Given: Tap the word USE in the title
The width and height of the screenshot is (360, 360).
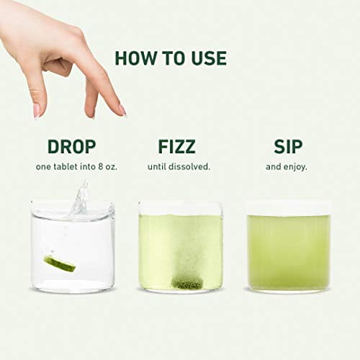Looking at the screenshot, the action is (209, 58).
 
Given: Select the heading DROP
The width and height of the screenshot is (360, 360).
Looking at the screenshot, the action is (72, 146).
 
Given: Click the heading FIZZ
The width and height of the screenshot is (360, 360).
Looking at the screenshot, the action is (176, 146).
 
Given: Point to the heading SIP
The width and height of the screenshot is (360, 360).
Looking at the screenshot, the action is (288, 146).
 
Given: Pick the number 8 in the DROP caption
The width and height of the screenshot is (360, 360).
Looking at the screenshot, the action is (100, 166).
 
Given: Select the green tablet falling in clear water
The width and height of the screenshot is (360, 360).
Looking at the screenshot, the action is (60, 264).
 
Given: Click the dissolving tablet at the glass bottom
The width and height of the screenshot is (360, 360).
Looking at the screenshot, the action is (187, 283).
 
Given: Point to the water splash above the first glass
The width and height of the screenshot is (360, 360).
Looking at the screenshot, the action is (79, 198).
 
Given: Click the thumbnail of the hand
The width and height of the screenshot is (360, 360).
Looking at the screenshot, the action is (36, 111).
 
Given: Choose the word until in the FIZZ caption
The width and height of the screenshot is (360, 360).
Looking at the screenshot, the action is (157, 166).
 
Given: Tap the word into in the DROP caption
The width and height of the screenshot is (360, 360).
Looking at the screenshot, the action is (88, 166).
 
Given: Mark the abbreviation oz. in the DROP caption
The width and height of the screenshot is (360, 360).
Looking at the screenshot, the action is (111, 167).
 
